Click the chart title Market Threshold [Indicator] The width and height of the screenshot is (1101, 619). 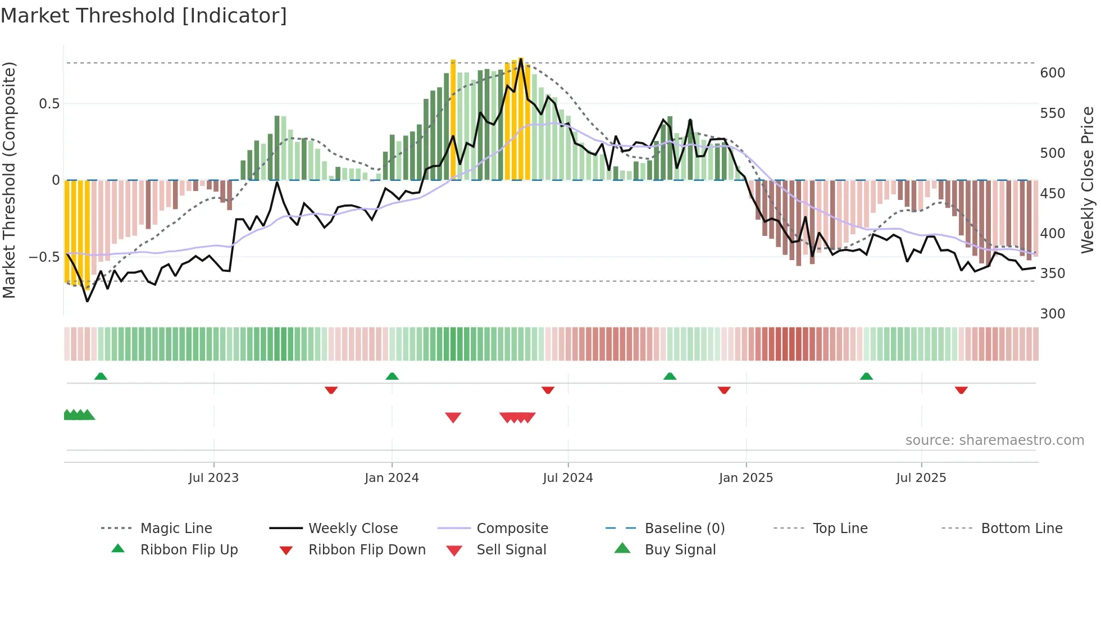click(x=144, y=16)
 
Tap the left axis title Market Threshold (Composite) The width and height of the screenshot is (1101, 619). click(x=9, y=180)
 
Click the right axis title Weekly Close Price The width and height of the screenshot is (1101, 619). click(x=1088, y=180)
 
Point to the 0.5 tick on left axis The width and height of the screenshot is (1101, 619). click(x=49, y=104)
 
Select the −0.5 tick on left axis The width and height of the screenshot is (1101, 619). click(x=44, y=257)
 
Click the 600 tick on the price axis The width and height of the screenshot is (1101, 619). click(x=1052, y=73)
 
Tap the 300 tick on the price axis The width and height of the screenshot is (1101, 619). click(x=1052, y=313)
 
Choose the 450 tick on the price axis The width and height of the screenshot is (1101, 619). click(x=1052, y=193)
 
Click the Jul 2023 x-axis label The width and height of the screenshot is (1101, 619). click(x=213, y=478)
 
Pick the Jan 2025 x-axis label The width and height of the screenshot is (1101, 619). click(x=745, y=478)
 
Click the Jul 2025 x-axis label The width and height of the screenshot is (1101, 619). click(x=921, y=478)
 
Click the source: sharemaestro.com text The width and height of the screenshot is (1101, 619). click(x=994, y=440)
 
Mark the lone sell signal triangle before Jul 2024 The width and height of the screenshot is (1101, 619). click(x=453, y=417)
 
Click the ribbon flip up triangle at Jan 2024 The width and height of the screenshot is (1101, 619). click(x=392, y=376)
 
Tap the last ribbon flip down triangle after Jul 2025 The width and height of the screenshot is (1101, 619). click(x=961, y=390)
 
